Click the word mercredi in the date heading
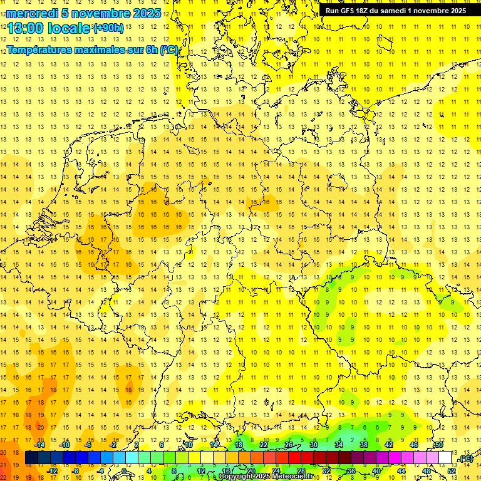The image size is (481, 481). coord(32,13)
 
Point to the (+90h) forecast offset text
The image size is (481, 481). coord(108,28)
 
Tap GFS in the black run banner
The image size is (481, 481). coord(348,11)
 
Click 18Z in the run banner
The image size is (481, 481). coord(366,11)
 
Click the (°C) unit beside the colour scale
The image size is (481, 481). coord(465,459)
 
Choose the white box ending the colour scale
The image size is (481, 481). coord(445,458)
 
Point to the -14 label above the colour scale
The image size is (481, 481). coord(40,445)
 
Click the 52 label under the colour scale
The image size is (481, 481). coord(452,471)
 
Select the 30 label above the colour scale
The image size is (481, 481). coord(314,445)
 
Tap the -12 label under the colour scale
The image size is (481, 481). coord(52,471)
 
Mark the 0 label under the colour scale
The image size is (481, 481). coord(124,471)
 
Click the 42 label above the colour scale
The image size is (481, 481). coord(388,445)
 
